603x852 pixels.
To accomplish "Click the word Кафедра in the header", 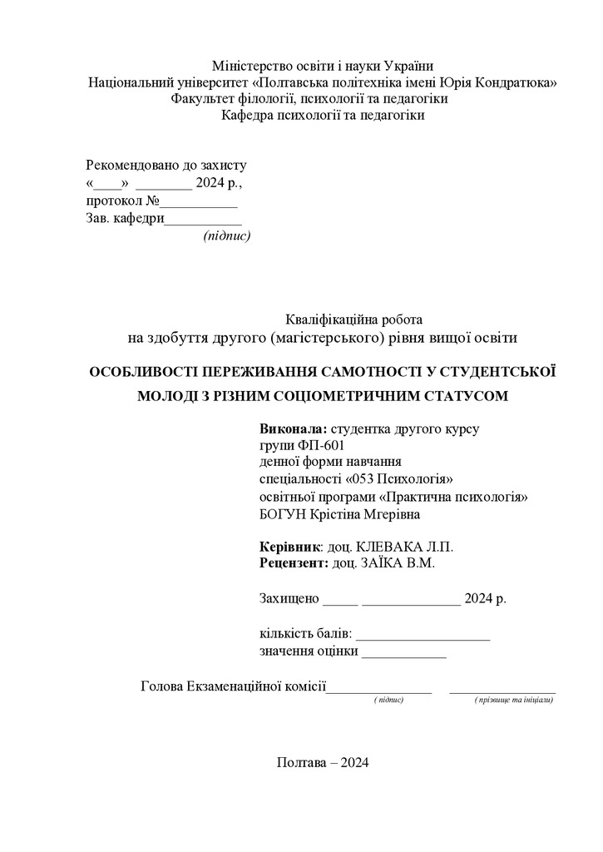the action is (247, 116).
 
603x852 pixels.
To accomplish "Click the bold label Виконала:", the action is (294, 429).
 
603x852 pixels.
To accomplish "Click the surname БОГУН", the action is (285, 514).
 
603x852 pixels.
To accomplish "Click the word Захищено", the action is (289, 598).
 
